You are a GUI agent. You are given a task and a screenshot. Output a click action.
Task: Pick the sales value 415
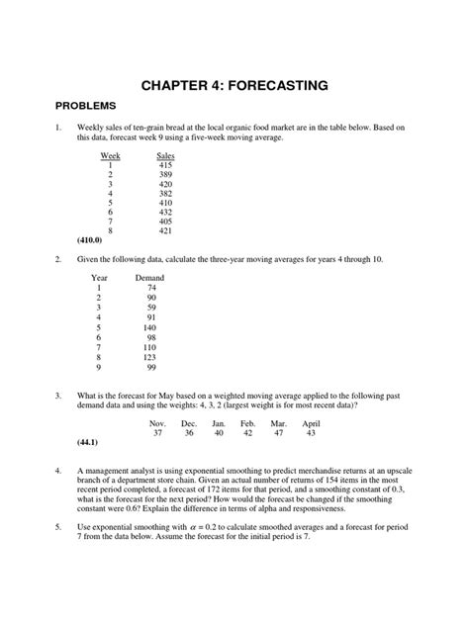(165, 166)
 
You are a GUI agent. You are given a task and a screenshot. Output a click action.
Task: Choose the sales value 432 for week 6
(165, 212)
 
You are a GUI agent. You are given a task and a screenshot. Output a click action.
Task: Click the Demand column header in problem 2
(149, 278)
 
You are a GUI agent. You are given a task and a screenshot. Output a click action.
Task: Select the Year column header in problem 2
(99, 278)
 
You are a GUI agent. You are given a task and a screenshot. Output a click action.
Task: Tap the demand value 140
(149, 326)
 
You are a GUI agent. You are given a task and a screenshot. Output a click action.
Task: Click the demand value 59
(151, 307)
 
